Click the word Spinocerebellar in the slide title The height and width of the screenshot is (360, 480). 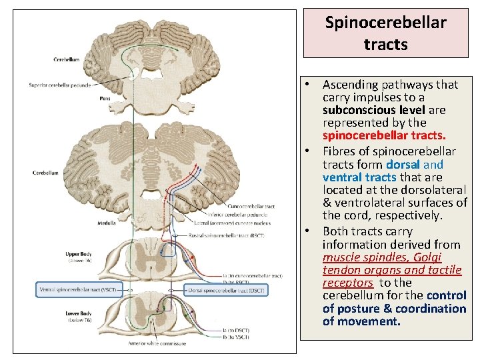(x=385, y=22)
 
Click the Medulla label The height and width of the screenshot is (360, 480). (x=107, y=223)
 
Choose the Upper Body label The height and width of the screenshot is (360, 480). (x=78, y=254)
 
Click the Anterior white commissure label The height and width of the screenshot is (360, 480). (x=157, y=344)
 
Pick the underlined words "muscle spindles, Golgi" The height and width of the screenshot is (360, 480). (x=382, y=257)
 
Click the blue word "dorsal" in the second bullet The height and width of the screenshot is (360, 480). (x=403, y=164)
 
